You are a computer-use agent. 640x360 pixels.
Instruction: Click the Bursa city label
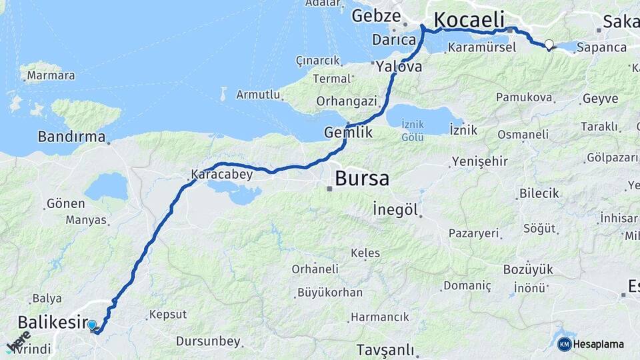point(362,179)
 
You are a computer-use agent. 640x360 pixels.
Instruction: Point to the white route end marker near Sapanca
point(549,45)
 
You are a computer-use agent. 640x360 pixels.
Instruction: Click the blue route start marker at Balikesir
point(92,325)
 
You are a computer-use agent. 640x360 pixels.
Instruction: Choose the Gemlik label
point(348,133)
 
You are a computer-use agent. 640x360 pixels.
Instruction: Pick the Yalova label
point(399,67)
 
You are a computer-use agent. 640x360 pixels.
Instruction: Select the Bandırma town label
point(71,137)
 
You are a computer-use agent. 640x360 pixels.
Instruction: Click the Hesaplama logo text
point(599,344)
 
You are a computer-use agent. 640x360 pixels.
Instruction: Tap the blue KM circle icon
point(564,344)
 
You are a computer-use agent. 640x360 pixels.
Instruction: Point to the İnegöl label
point(395,210)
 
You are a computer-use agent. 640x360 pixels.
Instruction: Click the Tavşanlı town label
point(385,350)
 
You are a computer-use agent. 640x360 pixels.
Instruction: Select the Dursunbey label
point(208,341)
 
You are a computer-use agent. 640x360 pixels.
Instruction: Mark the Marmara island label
point(51,75)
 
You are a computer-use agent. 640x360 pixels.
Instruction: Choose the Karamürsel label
point(482,48)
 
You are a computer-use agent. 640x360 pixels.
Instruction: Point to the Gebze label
point(376,15)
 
